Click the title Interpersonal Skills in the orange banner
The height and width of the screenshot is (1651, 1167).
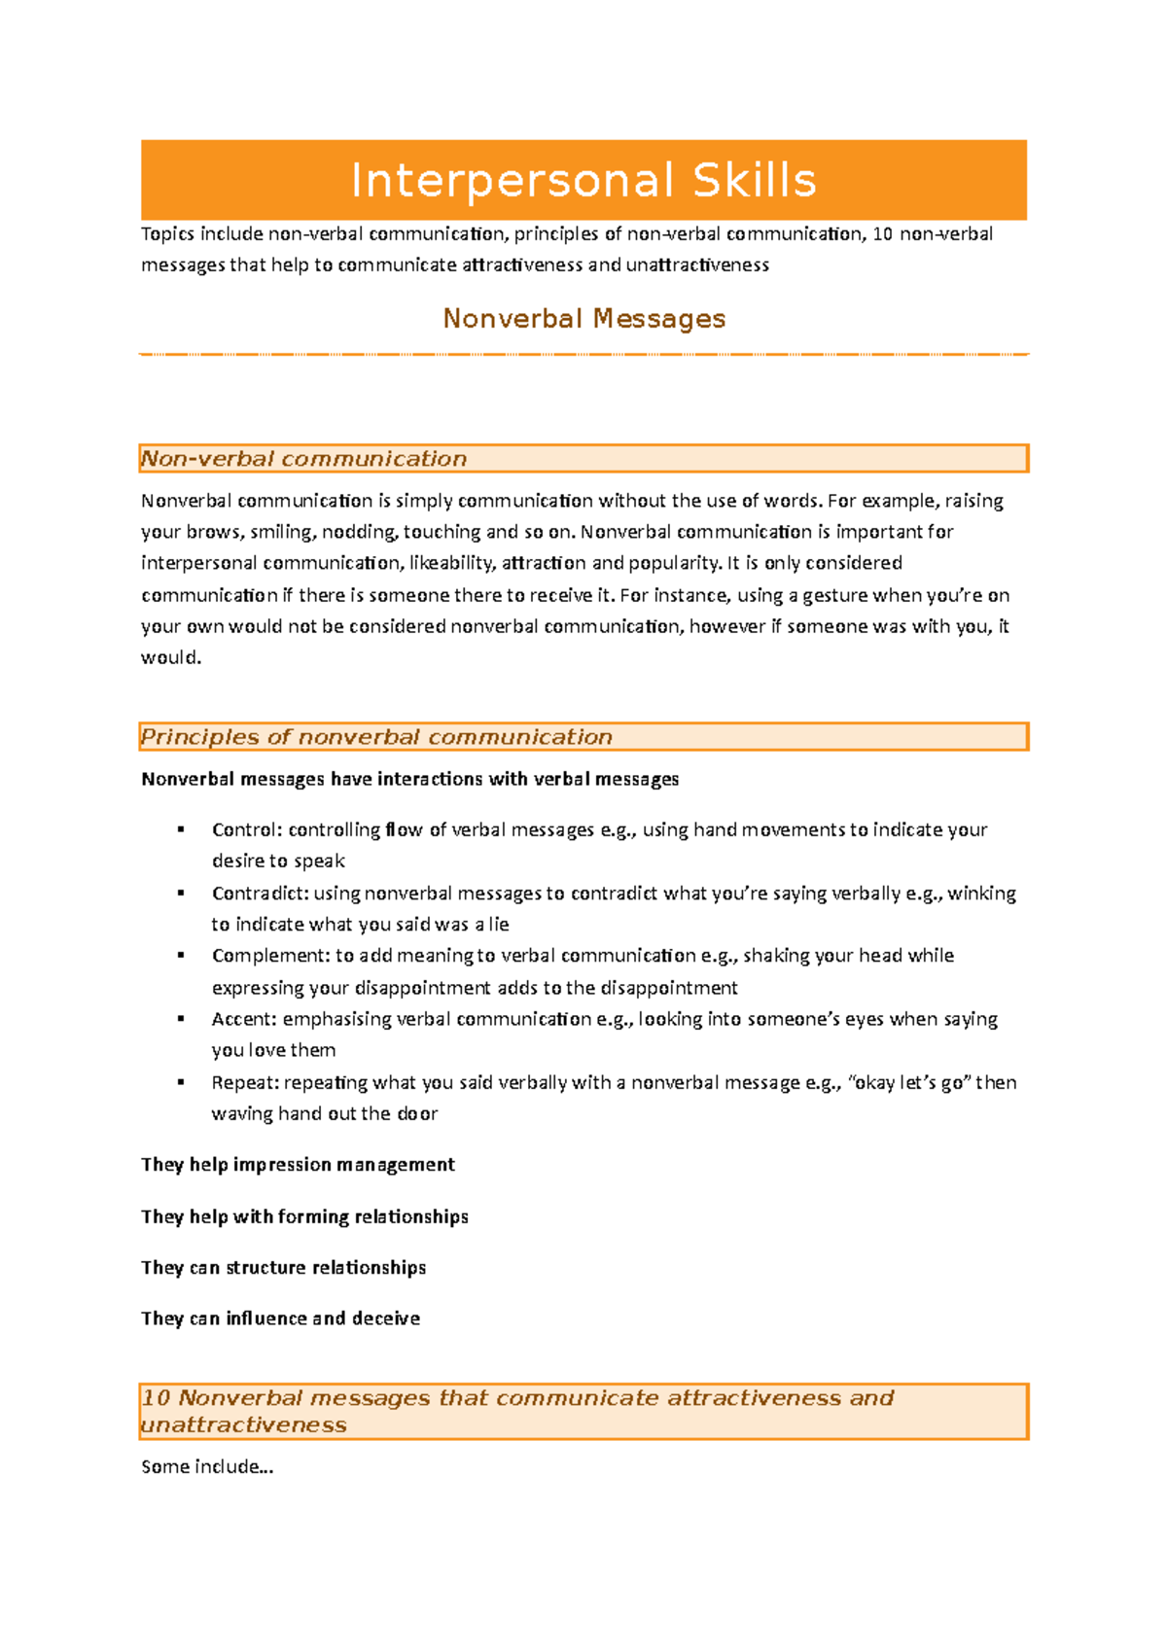[x=583, y=181]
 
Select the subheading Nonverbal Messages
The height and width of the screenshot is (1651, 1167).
[x=583, y=319]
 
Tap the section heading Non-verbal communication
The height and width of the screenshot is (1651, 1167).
[x=303, y=459]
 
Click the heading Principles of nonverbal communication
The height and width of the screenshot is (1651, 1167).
[x=376, y=737]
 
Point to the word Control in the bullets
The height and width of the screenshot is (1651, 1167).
[x=245, y=829]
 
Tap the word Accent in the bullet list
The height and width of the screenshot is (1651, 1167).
[x=243, y=1019]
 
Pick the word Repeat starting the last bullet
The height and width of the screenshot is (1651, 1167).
[x=244, y=1082]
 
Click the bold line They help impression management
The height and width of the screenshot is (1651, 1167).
[x=298, y=1165]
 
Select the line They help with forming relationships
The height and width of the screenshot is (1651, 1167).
[x=304, y=1216]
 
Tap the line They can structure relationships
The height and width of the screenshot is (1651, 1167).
[x=283, y=1268]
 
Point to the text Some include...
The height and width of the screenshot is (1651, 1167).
[x=206, y=1466]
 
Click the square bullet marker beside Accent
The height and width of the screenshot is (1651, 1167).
[x=181, y=1019]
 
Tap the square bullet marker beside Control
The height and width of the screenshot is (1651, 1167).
[x=181, y=829]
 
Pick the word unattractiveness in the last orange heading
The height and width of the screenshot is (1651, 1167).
[x=243, y=1424]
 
